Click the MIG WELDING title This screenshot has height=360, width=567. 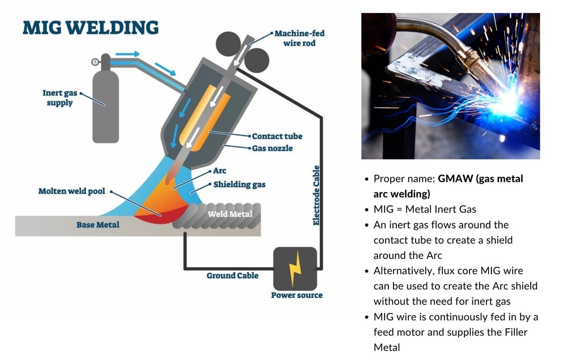[90, 28]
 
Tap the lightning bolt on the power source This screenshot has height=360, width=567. [295, 269]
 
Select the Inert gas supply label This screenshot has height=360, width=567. [57, 98]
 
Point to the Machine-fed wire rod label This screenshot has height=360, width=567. [299, 38]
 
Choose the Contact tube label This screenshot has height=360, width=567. [277, 136]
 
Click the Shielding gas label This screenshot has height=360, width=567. [239, 184]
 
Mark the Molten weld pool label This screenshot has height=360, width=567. [71, 192]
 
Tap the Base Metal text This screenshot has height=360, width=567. [98, 225]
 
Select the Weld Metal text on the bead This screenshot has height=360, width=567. [230, 214]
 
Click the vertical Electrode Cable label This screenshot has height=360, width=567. [316, 196]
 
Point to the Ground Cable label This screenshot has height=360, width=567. [232, 276]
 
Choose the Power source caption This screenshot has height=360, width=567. [297, 295]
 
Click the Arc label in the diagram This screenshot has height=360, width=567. [219, 170]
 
